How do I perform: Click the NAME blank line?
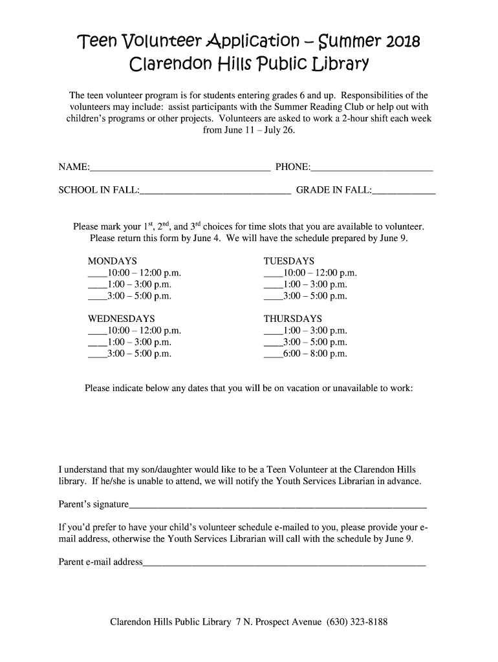180,170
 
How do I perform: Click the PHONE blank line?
371,170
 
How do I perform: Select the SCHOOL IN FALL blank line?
215,192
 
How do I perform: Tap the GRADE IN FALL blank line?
404,192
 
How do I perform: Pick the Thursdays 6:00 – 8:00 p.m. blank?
273,356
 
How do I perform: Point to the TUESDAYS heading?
288,261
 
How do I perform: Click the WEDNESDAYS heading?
121,319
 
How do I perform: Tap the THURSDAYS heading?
292,319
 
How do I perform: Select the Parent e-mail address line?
284,564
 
